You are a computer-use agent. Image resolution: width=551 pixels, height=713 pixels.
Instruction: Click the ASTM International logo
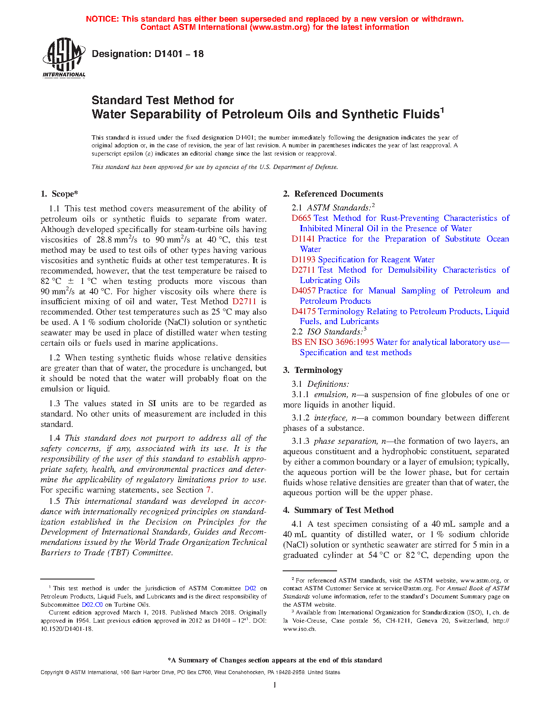64,57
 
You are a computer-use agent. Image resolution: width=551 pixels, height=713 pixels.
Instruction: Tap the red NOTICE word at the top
102,19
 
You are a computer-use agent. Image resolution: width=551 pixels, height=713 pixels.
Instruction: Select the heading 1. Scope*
60,194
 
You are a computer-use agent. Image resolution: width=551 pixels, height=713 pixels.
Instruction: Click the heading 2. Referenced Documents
333,194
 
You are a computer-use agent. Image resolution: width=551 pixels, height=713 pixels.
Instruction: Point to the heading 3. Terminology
313,370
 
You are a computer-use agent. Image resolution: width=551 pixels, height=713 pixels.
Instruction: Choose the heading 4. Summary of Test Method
338,510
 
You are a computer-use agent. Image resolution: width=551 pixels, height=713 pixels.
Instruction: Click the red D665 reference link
301,218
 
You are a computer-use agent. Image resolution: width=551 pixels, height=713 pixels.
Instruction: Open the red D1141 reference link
304,239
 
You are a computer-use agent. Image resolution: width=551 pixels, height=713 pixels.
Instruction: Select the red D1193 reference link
303,260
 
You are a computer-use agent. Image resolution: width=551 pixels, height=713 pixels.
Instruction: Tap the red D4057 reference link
303,291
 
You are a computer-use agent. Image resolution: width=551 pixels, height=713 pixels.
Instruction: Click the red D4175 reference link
303,312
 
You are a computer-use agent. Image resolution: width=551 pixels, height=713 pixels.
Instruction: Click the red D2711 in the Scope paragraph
244,302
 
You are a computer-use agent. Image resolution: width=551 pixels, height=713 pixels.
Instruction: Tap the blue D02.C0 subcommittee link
92,605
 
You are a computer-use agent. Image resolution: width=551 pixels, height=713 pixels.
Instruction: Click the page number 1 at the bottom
275,685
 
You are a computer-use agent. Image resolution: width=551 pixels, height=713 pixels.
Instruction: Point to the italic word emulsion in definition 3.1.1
330,395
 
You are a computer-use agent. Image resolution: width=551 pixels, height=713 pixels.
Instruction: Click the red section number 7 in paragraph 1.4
208,490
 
